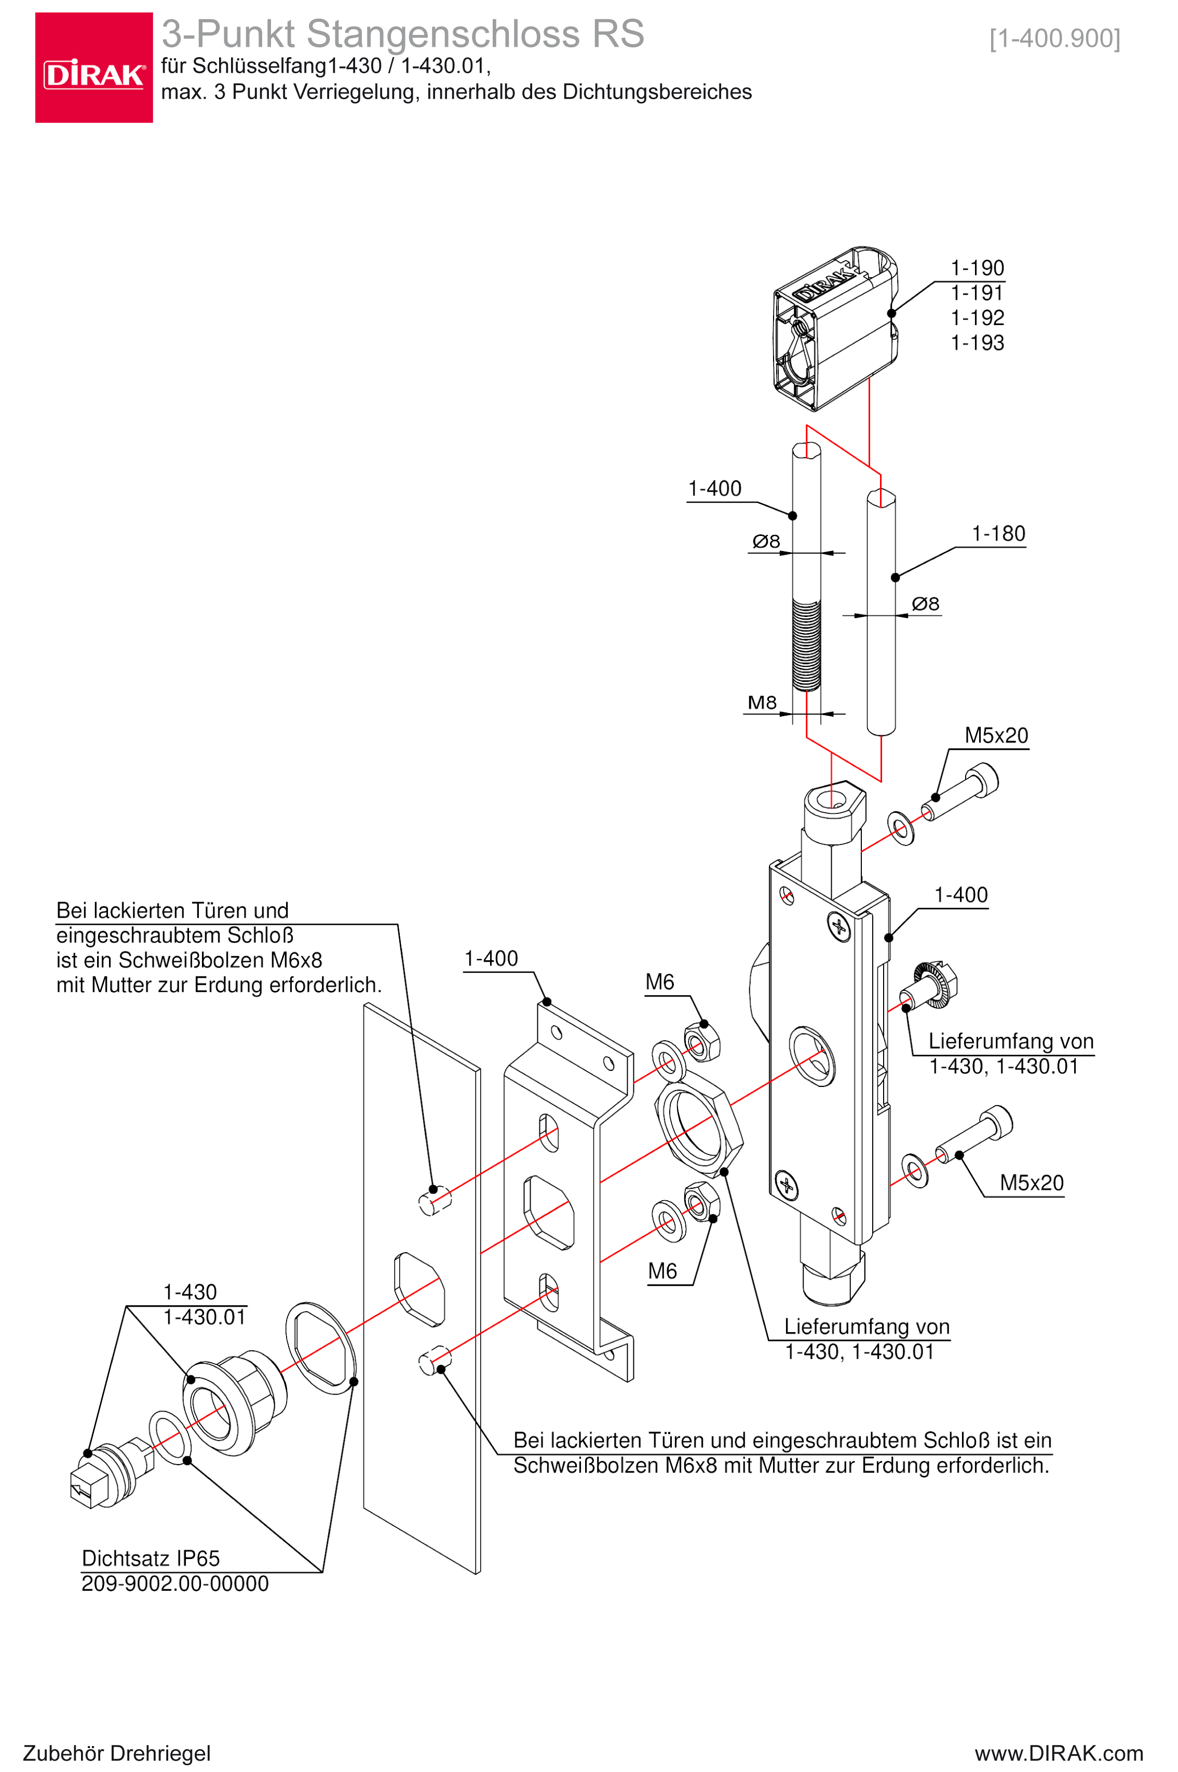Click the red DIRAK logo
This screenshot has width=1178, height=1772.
click(94, 68)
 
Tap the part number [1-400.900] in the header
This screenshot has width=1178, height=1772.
click(1054, 38)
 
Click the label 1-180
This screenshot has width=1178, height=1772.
click(998, 533)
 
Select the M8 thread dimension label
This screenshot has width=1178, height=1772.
click(762, 703)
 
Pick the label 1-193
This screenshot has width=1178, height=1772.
click(977, 343)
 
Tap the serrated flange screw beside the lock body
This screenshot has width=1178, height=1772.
click(931, 985)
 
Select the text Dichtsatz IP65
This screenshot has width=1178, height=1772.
click(150, 1558)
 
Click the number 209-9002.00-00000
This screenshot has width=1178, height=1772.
click(175, 1583)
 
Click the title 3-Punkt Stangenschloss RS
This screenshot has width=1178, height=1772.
click(403, 34)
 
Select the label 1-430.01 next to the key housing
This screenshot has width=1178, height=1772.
click(205, 1317)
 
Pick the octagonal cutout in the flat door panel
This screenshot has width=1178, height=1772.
click(419, 1288)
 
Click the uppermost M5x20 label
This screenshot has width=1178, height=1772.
click(996, 735)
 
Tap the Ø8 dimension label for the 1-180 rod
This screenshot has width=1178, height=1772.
click(925, 603)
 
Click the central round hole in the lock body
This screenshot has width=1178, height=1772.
click(811, 1056)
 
